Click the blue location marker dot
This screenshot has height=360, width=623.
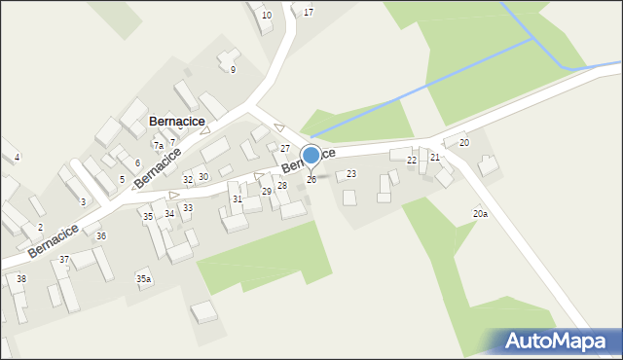[x=311, y=156]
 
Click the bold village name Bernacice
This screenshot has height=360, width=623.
[x=176, y=121]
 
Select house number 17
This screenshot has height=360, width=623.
[x=309, y=12]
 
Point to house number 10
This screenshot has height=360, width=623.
[x=267, y=15]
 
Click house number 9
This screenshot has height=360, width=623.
[x=233, y=69]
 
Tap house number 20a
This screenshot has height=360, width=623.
[x=480, y=213]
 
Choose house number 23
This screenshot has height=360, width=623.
[x=351, y=173]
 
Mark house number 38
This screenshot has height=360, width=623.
[x=21, y=279]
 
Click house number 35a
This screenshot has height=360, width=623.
[x=143, y=279]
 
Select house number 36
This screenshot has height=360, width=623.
[x=101, y=236]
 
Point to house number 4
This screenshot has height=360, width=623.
[x=17, y=157]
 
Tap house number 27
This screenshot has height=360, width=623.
[x=285, y=148]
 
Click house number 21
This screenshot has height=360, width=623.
[x=435, y=157]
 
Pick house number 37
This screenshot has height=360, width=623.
[x=64, y=260]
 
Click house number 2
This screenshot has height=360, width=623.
[x=40, y=227]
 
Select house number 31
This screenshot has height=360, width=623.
[x=237, y=198]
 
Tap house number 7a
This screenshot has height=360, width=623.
[x=158, y=145]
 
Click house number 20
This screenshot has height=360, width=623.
[x=464, y=142]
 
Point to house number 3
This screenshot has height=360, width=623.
[x=83, y=201]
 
